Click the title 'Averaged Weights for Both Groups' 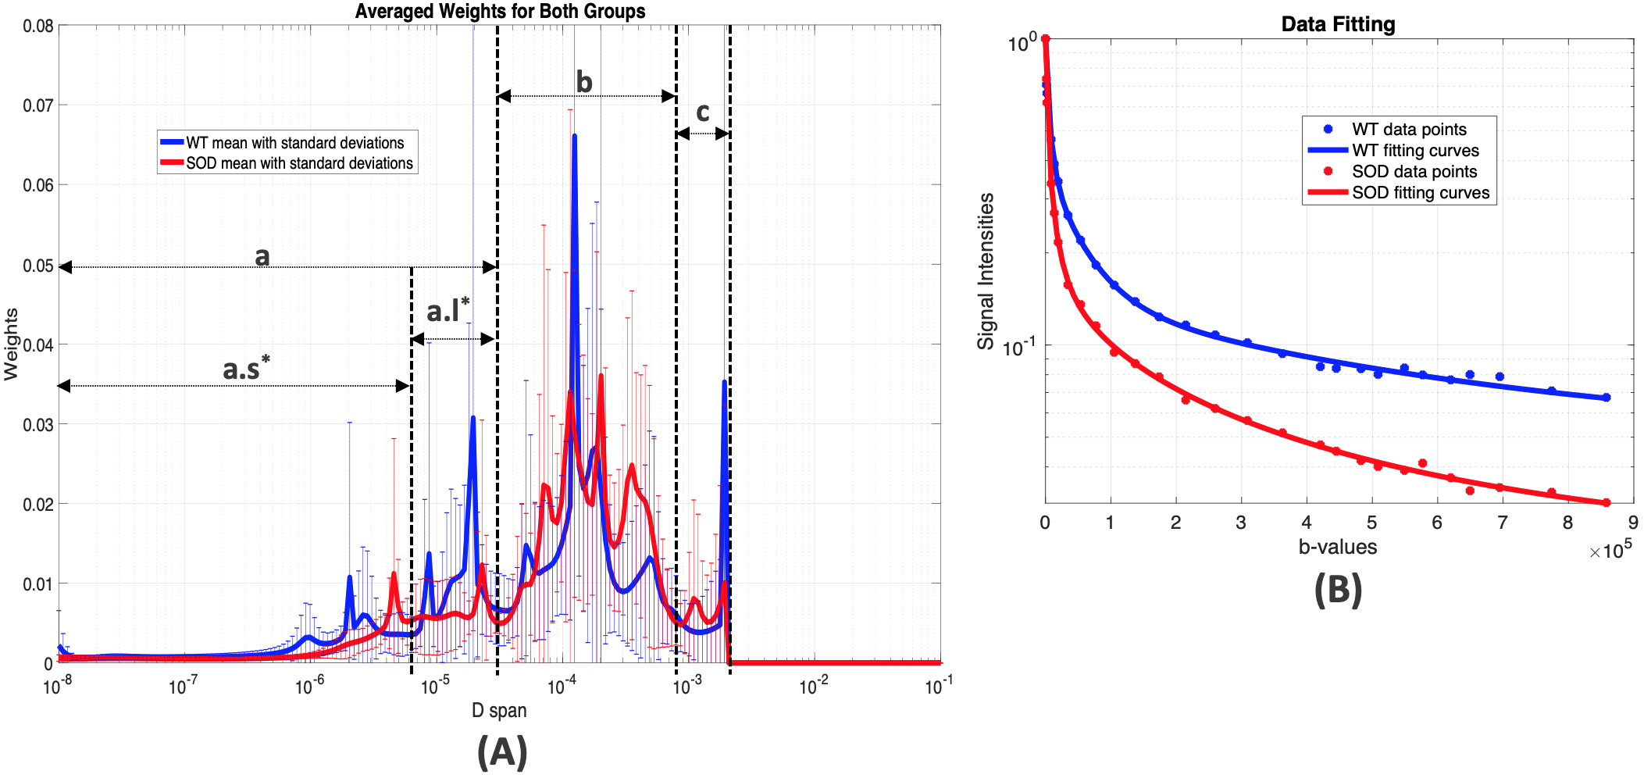pyautogui.click(x=500, y=11)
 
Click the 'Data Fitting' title pyautogui.click(x=1337, y=24)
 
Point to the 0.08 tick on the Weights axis pyautogui.click(x=38, y=26)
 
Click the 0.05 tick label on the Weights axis pyautogui.click(x=38, y=266)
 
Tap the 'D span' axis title pyautogui.click(x=499, y=710)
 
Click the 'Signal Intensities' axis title pyautogui.click(x=986, y=271)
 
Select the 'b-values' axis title pyautogui.click(x=1337, y=547)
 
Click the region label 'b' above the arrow pyautogui.click(x=584, y=82)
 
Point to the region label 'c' pyautogui.click(x=703, y=112)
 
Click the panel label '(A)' pyautogui.click(x=502, y=751)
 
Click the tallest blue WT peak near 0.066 pyautogui.click(x=575, y=137)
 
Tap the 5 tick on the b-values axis pyautogui.click(x=1371, y=523)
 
